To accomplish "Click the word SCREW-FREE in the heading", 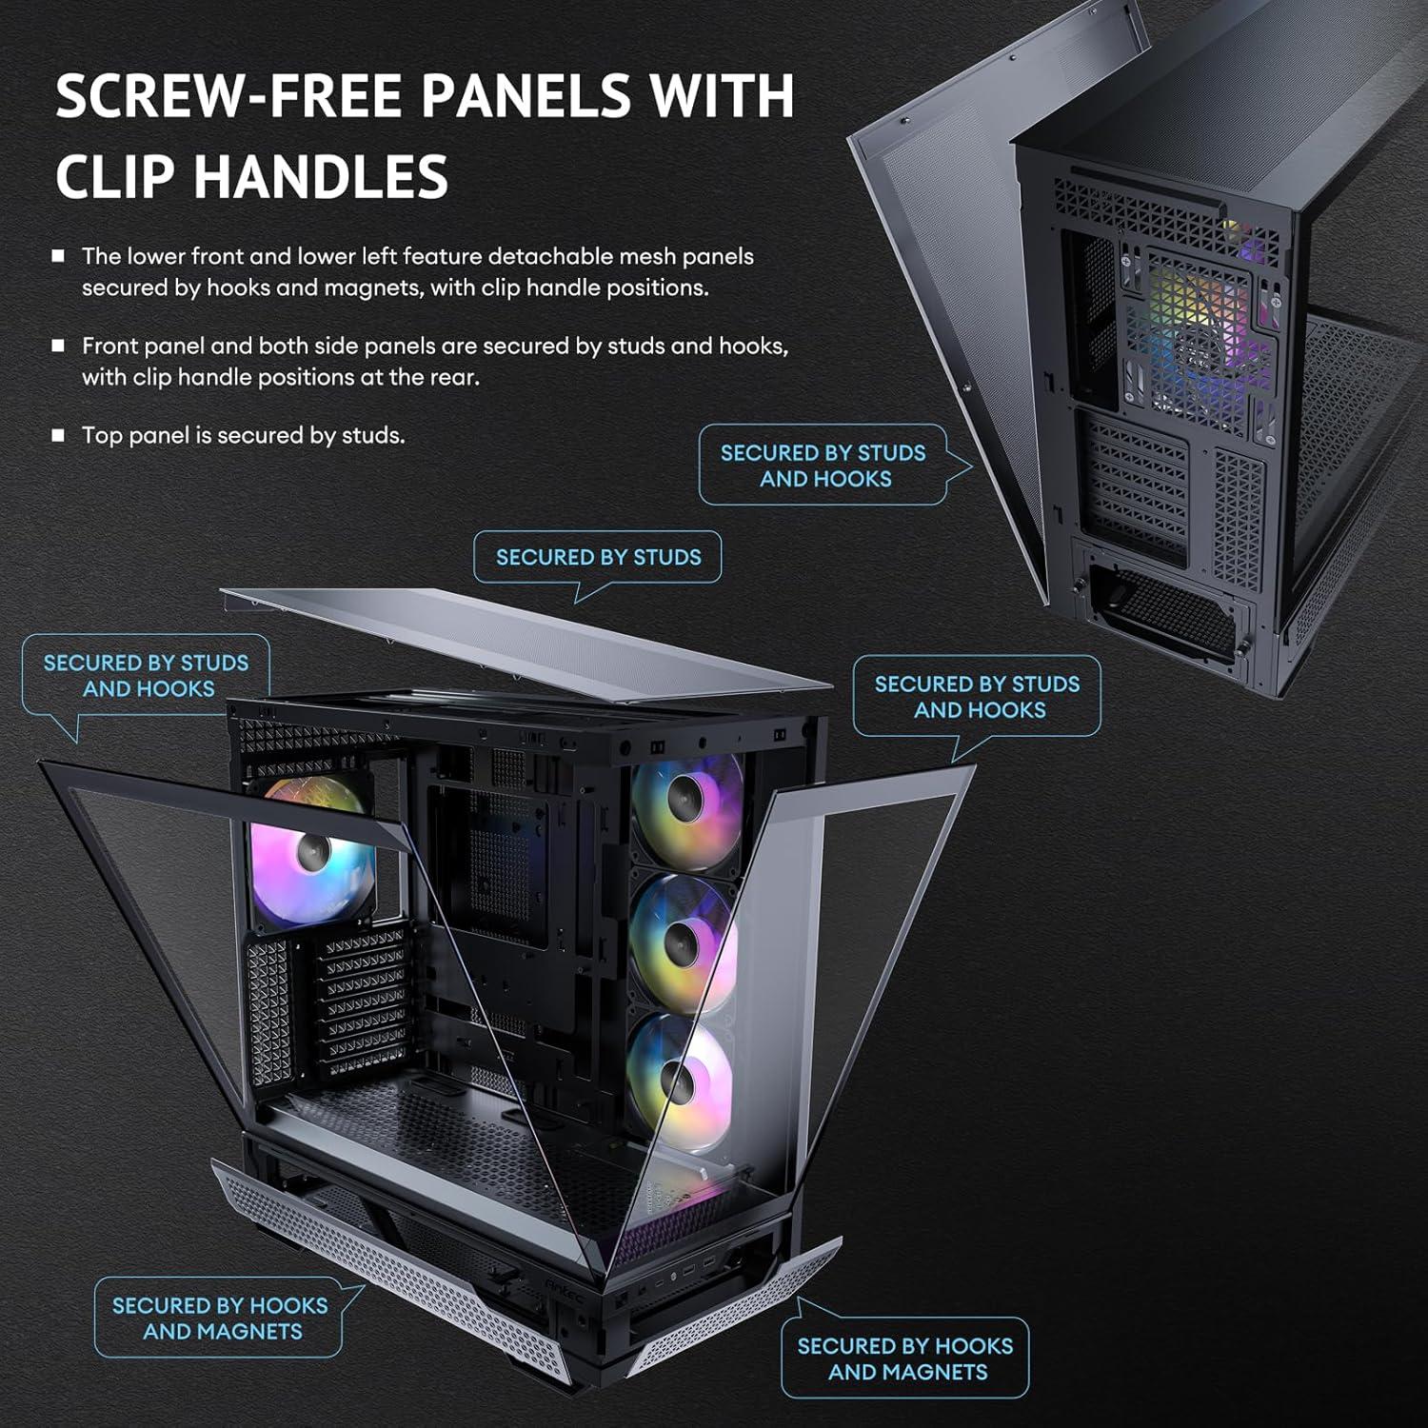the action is (x=230, y=95).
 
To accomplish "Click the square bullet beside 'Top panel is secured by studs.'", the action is (x=59, y=435).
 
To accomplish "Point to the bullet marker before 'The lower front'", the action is (x=59, y=256).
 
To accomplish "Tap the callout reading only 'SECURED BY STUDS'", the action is (x=598, y=557).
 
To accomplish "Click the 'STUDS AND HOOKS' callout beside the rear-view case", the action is (x=823, y=466).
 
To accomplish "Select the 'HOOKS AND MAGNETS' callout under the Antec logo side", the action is (x=904, y=1359).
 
